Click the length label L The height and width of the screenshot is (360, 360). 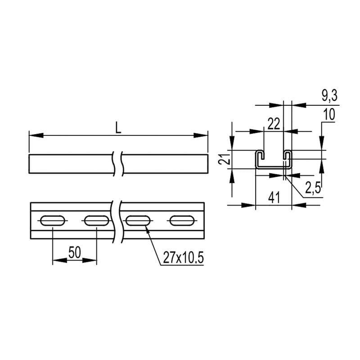(118, 128)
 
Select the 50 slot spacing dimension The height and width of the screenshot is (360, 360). (75, 252)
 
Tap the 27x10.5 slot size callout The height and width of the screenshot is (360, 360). (183, 257)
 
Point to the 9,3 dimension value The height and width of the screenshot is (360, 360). (329, 95)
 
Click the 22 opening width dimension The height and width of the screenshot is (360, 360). (274, 124)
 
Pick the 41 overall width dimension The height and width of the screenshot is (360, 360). (274, 198)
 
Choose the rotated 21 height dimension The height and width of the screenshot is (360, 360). (224, 159)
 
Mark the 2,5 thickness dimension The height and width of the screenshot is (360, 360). (313, 188)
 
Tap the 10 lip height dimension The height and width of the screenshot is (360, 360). (329, 114)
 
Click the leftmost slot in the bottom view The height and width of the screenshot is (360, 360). (52, 220)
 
